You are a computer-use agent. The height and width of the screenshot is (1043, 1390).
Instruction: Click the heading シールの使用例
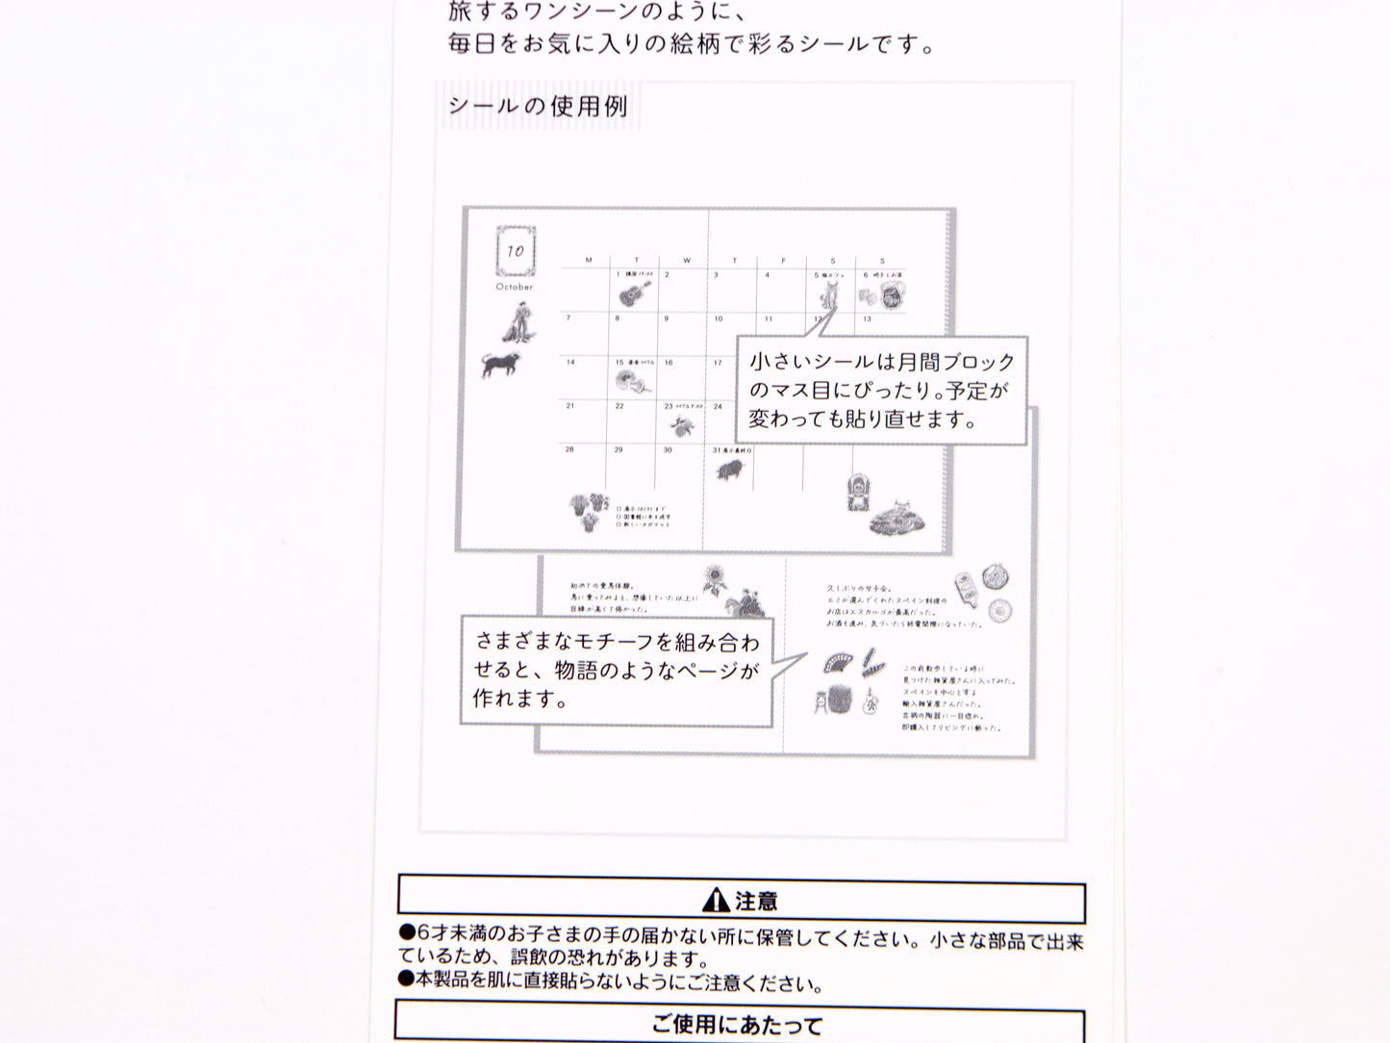538,106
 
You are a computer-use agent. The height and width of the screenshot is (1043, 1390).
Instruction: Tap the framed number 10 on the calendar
516,251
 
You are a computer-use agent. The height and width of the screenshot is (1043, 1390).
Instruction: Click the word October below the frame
515,287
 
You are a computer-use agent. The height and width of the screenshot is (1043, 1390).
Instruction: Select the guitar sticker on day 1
634,291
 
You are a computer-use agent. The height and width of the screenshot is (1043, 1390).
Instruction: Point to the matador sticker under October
518,323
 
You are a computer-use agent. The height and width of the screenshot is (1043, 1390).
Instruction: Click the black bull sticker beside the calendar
503,364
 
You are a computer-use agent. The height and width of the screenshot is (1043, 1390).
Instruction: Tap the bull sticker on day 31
730,469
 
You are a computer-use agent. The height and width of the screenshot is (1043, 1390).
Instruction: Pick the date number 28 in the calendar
569,449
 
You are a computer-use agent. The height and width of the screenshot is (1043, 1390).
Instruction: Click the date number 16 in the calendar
669,363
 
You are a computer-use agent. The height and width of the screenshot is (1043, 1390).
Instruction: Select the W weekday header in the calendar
686,261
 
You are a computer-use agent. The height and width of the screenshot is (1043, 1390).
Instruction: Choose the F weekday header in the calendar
784,261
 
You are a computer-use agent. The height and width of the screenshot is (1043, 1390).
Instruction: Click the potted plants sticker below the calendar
588,511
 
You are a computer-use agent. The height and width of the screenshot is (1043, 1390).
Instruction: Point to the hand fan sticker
836,663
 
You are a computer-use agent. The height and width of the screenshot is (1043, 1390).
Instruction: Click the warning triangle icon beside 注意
716,901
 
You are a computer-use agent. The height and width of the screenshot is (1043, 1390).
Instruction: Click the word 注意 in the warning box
756,902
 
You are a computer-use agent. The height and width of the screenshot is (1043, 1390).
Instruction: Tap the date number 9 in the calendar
668,318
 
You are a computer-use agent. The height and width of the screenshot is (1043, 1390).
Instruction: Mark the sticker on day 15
634,378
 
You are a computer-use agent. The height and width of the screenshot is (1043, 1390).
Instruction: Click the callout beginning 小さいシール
881,390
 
